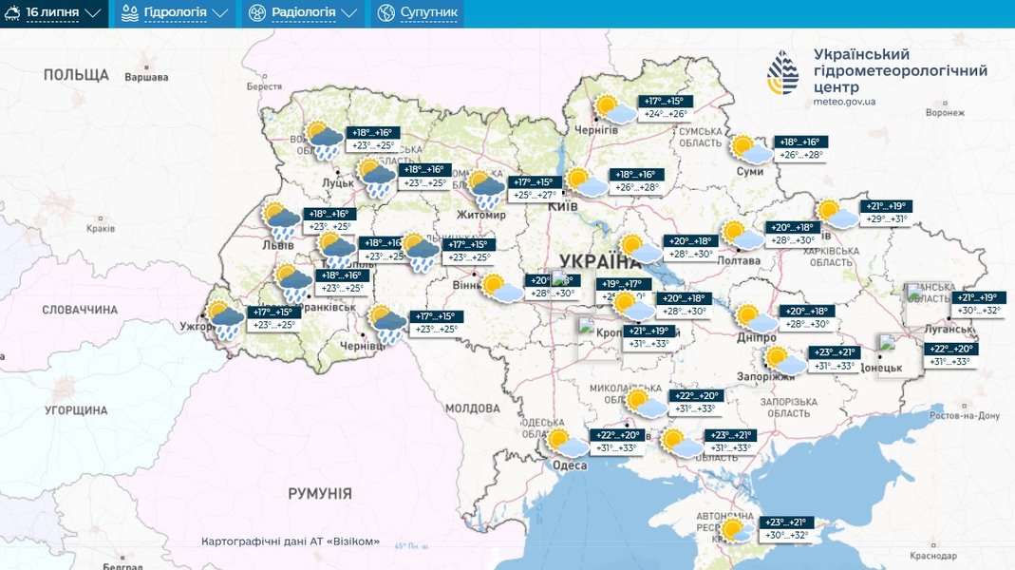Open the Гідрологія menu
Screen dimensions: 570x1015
(176, 13)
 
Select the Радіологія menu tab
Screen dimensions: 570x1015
(303, 13)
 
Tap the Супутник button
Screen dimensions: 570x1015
(417, 13)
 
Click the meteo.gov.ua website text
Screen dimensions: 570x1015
(844, 101)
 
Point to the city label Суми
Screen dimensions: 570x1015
(749, 171)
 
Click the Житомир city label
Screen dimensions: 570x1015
(481, 215)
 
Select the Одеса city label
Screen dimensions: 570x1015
(570, 465)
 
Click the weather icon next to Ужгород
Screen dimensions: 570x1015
(225, 320)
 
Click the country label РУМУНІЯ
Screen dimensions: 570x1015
(320, 494)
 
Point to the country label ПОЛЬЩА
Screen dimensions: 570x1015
(76, 74)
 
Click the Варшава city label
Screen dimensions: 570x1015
(146, 77)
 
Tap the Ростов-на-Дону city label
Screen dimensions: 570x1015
(963, 416)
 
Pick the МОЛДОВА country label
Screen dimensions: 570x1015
(472, 408)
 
